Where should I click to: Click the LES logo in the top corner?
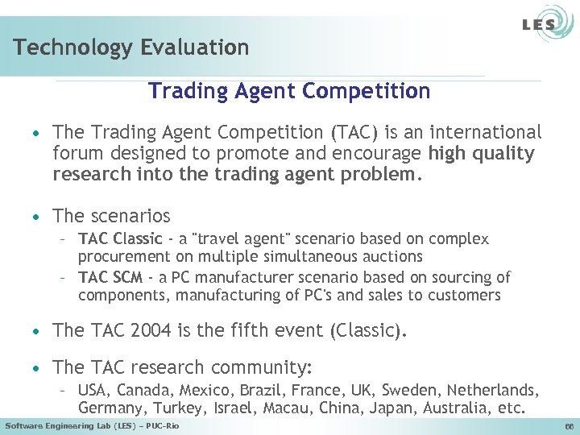[x=537, y=25]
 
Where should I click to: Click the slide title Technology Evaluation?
[x=131, y=48]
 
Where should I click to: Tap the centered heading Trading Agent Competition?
[x=289, y=91]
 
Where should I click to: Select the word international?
[x=487, y=132]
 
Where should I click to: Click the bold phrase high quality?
[x=482, y=154]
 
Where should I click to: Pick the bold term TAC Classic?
[x=120, y=239]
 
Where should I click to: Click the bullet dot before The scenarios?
[x=37, y=217]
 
